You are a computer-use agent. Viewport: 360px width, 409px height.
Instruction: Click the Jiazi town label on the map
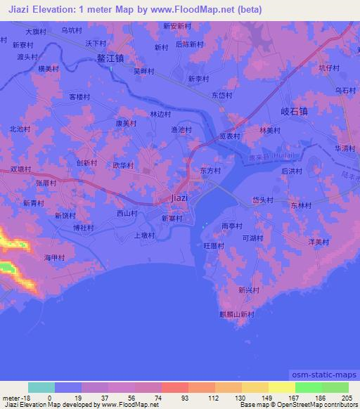click(x=179, y=198)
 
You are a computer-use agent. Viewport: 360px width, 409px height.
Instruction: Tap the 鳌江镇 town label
click(x=111, y=60)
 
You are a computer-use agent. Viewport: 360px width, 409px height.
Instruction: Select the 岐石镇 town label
click(x=294, y=111)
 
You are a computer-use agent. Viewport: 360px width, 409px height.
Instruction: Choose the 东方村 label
click(x=210, y=171)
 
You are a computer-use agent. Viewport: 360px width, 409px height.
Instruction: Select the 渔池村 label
click(x=181, y=129)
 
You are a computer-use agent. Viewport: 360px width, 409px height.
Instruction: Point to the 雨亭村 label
click(x=231, y=226)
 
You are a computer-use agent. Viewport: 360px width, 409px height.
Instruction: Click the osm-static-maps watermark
click(x=324, y=375)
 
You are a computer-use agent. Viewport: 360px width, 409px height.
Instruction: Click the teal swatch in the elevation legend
click(x=41, y=387)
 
